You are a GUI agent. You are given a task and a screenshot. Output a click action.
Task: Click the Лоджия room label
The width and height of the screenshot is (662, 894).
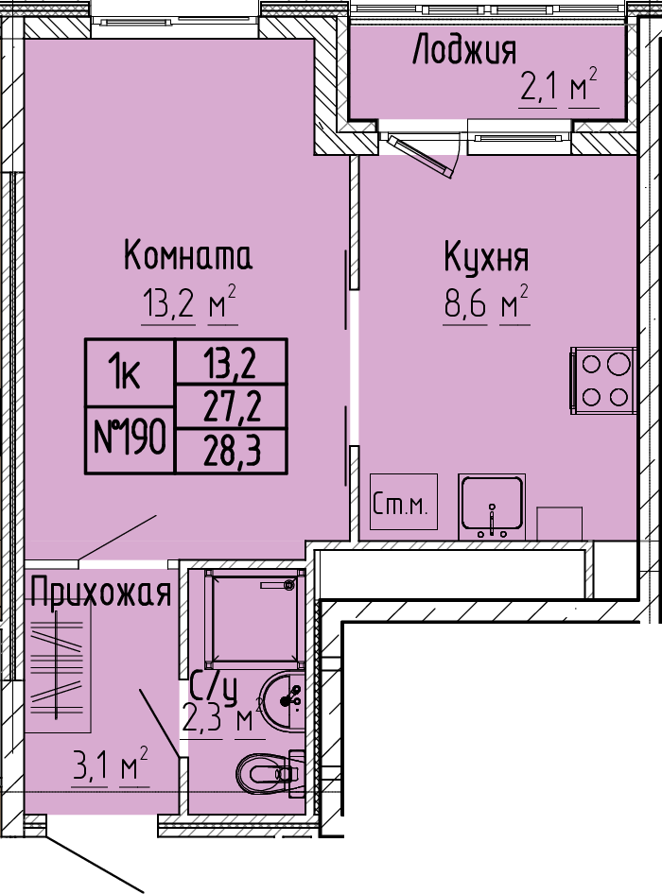[x=464, y=49]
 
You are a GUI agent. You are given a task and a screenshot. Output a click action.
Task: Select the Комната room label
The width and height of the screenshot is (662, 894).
[x=188, y=256]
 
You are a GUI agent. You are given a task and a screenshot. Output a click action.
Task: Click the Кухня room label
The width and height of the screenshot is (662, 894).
[x=487, y=258]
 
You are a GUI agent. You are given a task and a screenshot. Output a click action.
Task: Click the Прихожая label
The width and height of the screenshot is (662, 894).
[x=101, y=593]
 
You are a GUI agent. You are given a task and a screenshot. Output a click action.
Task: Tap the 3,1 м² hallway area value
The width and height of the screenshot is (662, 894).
[x=110, y=766]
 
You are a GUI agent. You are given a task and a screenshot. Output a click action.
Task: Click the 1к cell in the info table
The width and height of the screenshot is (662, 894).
[x=130, y=373]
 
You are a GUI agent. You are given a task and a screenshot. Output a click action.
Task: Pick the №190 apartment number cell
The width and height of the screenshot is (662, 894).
[x=130, y=439]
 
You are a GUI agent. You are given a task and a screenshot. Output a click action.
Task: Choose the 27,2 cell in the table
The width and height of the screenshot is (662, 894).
[x=232, y=407]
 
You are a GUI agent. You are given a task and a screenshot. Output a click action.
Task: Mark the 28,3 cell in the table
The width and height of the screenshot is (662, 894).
[x=232, y=452]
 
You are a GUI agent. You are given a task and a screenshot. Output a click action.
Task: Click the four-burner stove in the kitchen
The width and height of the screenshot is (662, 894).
[x=603, y=380]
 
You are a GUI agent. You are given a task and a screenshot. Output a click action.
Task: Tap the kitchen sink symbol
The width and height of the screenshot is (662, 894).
[x=492, y=507]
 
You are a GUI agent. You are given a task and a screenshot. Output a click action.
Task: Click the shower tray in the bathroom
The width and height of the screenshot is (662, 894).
[x=255, y=619]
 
